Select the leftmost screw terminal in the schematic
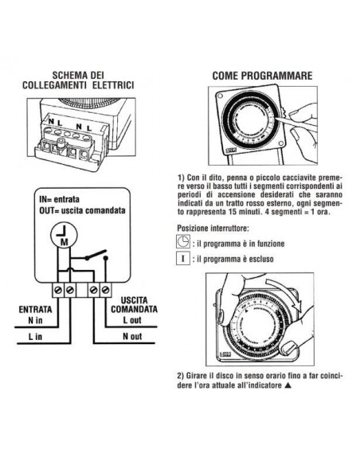57,287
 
